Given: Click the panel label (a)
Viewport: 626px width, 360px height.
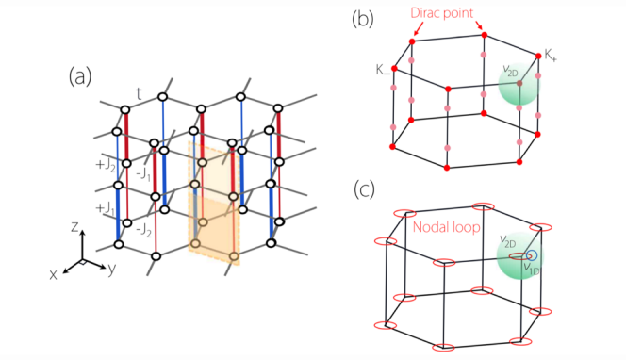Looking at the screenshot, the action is click(80, 76).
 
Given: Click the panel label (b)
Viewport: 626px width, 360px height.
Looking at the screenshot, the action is click(363, 19).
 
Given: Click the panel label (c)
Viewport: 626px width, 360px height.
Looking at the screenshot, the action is click(365, 189).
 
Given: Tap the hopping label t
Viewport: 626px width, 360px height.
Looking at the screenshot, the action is click(139, 94).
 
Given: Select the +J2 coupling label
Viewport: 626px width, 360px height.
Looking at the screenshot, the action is click(106, 165).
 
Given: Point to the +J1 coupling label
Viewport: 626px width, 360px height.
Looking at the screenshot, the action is click(105, 208).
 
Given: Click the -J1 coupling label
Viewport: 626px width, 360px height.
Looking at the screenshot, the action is click(143, 174).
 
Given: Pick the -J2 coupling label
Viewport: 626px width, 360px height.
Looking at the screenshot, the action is click(143, 230).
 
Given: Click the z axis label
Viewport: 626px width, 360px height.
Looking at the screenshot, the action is click(74, 227).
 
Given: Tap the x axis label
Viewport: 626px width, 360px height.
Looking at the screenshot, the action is click(53, 274).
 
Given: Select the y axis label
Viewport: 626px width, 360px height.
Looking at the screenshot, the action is click(112, 270).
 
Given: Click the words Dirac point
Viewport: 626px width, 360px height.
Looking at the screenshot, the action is click(442, 13).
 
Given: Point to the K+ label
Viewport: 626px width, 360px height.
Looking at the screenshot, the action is click(551, 55).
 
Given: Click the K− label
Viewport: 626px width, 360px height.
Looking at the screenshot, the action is click(383, 70).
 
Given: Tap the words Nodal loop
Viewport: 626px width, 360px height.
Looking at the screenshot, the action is click(446, 227).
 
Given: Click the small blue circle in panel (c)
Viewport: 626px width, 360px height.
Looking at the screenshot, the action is click(532, 255).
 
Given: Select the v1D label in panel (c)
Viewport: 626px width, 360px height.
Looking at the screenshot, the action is click(532, 268).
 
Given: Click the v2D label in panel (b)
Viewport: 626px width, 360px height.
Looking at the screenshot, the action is click(510, 71).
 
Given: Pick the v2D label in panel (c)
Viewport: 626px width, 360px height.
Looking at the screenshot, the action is click(508, 240).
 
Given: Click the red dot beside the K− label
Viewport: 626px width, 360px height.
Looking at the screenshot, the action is click(394, 69).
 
